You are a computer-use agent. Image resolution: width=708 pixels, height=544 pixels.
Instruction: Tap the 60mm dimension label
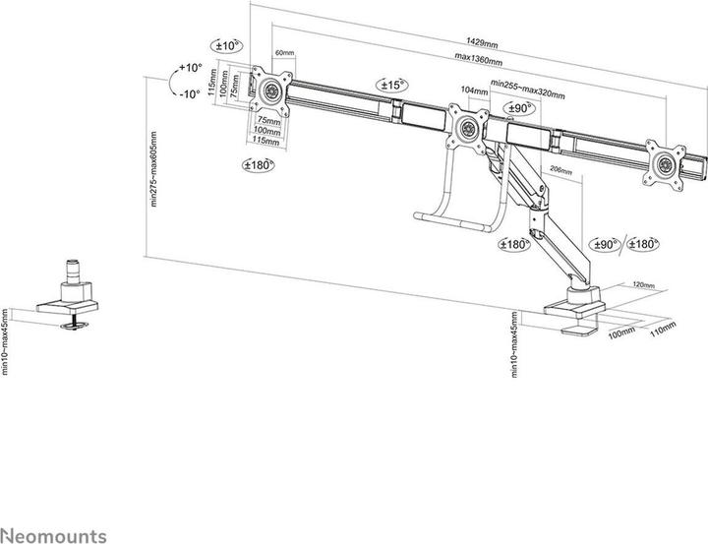pos(285,52)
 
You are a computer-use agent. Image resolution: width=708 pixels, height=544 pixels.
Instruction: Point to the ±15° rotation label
pos(392,86)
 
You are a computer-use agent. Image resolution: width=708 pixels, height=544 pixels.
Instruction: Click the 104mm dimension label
pos(473,91)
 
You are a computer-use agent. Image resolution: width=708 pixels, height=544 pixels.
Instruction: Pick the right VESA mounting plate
pos(668,160)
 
